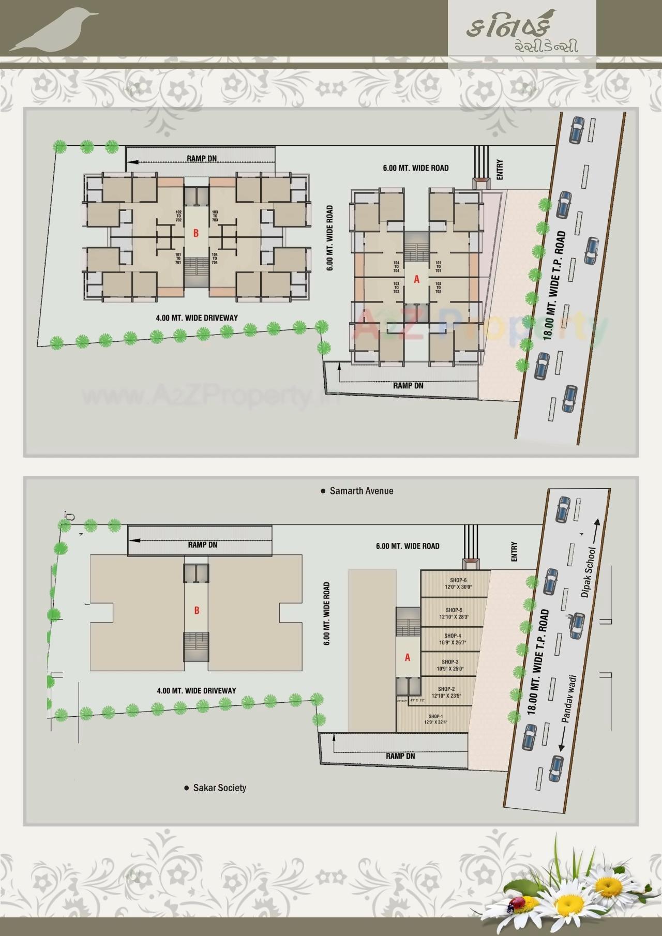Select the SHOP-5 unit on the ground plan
click(454, 613)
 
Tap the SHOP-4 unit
click(452, 639)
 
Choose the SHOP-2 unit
click(446, 692)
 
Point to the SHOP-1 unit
click(435, 719)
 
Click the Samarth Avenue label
click(361, 491)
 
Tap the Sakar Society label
click(219, 788)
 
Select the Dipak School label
click(588, 572)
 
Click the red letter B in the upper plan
click(196, 233)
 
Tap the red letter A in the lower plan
click(408, 658)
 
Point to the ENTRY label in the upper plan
click(500, 170)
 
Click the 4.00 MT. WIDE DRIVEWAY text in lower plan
click(197, 690)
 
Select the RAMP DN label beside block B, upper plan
click(202, 158)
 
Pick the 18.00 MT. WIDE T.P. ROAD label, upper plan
click(555, 284)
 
